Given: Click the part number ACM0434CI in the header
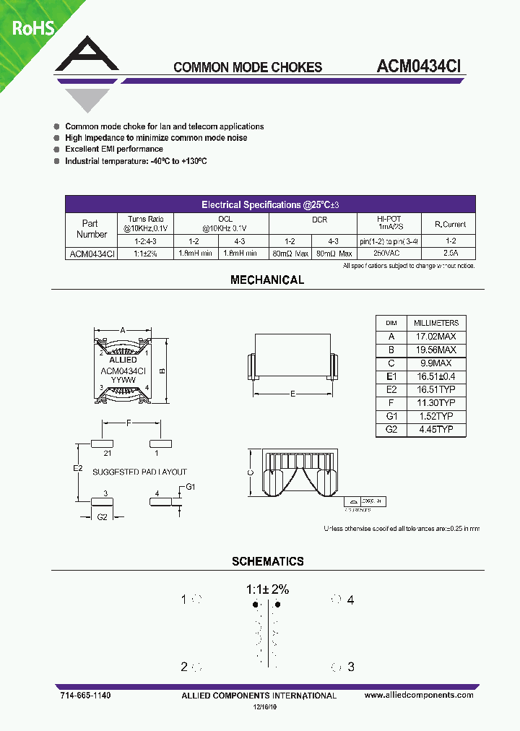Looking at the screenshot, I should (419, 66).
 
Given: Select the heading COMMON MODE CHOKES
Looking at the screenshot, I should (248, 67).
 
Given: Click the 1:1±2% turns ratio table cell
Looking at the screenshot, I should (146, 254).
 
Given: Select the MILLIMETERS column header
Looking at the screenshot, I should (435, 323).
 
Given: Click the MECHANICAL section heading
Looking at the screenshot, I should (267, 280).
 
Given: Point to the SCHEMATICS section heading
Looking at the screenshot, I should (267, 561).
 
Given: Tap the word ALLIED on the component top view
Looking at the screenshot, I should (123, 360).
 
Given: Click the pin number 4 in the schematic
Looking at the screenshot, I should (350, 600).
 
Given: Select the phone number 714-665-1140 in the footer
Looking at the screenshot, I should (86, 695).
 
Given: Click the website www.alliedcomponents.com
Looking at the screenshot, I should (419, 695).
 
